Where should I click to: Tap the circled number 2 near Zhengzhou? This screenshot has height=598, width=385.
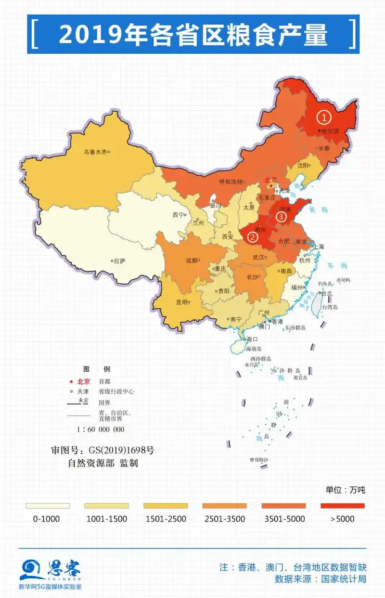tap(252, 236)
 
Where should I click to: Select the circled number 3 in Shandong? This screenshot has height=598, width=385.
tap(282, 217)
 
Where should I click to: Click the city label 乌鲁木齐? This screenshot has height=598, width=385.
tap(95, 152)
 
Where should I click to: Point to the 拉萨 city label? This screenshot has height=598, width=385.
tap(120, 261)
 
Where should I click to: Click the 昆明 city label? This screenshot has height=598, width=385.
tap(181, 302)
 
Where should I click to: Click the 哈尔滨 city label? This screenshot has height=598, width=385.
tap(331, 130)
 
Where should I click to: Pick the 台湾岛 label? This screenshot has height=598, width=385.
tap(330, 306)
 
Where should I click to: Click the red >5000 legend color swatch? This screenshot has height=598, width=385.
tap(342, 506)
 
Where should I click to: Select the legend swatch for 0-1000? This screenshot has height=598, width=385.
tap(47, 506)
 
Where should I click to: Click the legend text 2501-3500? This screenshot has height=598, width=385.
tap(224, 519)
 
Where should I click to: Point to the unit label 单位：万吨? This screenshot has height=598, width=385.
tap(345, 490)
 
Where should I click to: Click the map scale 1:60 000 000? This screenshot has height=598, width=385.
tap(100, 429)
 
